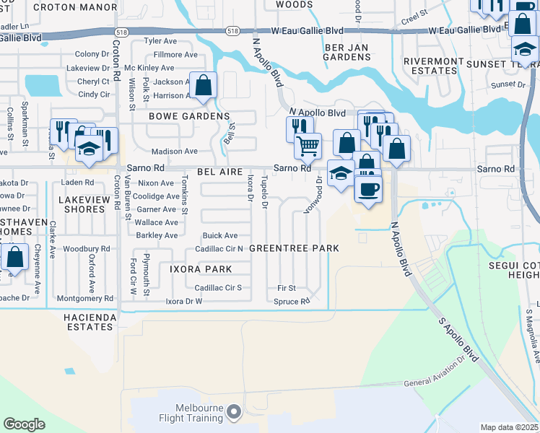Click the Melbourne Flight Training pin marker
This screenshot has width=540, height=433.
[233, 412]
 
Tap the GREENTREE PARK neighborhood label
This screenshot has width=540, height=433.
[294, 248]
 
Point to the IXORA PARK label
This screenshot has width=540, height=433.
[201, 269]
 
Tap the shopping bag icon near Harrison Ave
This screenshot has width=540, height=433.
[204, 85]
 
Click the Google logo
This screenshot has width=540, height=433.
[24, 424]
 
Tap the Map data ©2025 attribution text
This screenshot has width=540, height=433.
[510, 427]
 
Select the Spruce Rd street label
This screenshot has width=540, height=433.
[292, 301]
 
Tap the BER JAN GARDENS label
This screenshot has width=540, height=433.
[347, 52]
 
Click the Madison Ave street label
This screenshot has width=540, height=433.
[174, 152]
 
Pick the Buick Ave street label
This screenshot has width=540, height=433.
[220, 235]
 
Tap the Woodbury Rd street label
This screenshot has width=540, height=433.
[86, 249]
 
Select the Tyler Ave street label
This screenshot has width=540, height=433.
[160, 41]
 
